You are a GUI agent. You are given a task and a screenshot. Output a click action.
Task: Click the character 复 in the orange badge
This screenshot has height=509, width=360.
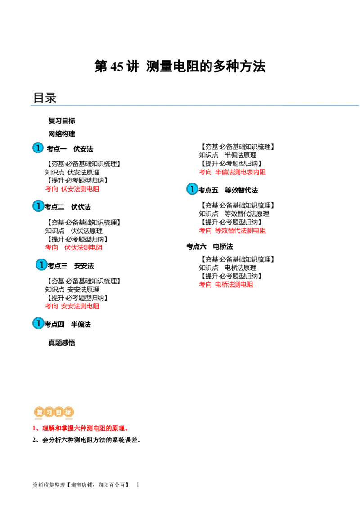[39, 412]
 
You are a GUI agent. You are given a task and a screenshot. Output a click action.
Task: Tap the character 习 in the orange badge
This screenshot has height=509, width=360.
[49, 412]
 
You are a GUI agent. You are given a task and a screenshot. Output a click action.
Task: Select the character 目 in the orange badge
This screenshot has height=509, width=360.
[58, 412]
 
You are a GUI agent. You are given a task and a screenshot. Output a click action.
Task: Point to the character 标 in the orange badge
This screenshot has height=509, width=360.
[68, 412]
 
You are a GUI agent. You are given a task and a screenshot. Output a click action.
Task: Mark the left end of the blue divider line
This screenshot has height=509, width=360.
[30, 106]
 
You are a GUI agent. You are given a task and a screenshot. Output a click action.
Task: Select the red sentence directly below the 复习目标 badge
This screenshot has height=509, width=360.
[81, 429]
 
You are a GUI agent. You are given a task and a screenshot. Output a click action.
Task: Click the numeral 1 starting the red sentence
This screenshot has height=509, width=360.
[34, 429]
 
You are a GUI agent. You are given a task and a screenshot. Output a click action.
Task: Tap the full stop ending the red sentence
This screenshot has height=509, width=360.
[128, 430]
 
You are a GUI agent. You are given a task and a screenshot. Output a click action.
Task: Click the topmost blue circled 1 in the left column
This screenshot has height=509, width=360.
[38, 148]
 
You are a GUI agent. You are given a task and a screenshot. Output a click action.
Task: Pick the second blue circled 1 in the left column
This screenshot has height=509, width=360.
[38, 206]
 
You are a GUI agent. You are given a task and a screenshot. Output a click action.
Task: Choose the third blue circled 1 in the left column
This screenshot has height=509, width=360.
[41, 265]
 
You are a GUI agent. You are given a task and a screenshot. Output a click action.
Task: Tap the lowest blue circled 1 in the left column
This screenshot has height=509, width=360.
[38, 323]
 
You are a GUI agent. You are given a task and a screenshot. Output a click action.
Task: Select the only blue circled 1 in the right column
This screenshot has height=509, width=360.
[192, 189]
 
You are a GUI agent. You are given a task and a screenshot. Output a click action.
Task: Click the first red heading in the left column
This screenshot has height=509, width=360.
[72, 189]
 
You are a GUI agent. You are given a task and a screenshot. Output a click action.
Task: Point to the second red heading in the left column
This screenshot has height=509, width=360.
[74, 247]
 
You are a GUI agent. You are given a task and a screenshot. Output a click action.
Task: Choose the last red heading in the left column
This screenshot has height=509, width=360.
[72, 306]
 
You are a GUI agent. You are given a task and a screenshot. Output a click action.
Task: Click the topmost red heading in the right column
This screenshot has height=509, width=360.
[232, 171]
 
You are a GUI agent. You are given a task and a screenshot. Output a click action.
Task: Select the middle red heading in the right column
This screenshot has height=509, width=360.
[232, 230]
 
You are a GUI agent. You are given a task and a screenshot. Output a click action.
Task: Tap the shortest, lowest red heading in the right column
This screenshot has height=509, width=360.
[226, 284]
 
